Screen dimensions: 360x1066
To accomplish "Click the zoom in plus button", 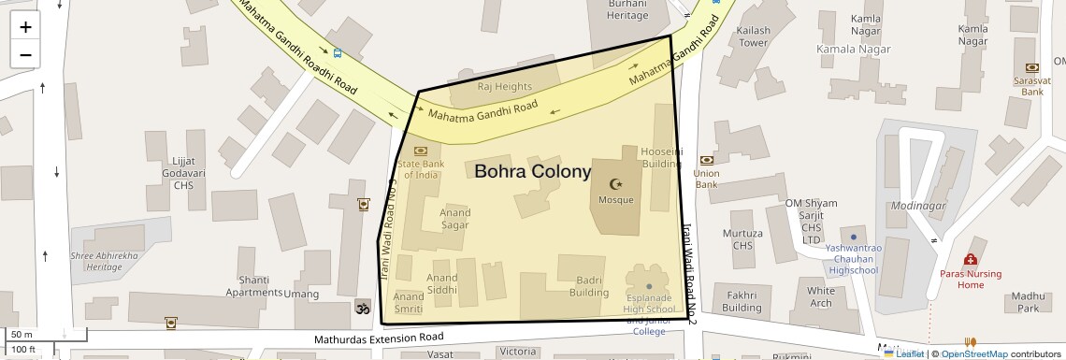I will (x=25, y=26).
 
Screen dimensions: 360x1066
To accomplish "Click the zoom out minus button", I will (x=25, y=54).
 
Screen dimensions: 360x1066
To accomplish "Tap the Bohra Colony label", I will (x=533, y=172).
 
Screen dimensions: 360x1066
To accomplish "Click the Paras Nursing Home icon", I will (x=971, y=259).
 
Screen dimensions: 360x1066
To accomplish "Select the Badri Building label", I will (x=589, y=286).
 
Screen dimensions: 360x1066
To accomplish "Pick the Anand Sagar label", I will (x=454, y=219).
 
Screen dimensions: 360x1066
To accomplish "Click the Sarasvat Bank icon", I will (x=1032, y=67).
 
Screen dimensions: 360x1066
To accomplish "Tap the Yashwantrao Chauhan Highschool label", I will (x=852, y=259).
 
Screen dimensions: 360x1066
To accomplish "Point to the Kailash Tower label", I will (x=754, y=36).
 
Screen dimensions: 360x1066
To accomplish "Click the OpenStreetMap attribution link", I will (x=974, y=353).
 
